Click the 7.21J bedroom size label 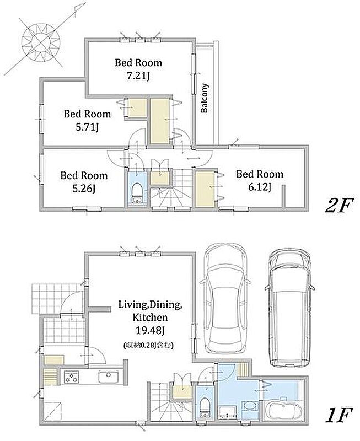[138, 76]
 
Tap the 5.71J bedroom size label [87, 127]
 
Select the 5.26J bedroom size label [84, 189]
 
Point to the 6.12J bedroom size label [259, 187]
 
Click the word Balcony [205, 98]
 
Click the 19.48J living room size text [150, 331]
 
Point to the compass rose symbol [41, 43]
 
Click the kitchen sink [108, 377]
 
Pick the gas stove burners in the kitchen [72, 377]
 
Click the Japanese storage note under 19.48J [148, 346]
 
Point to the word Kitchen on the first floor [150, 318]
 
